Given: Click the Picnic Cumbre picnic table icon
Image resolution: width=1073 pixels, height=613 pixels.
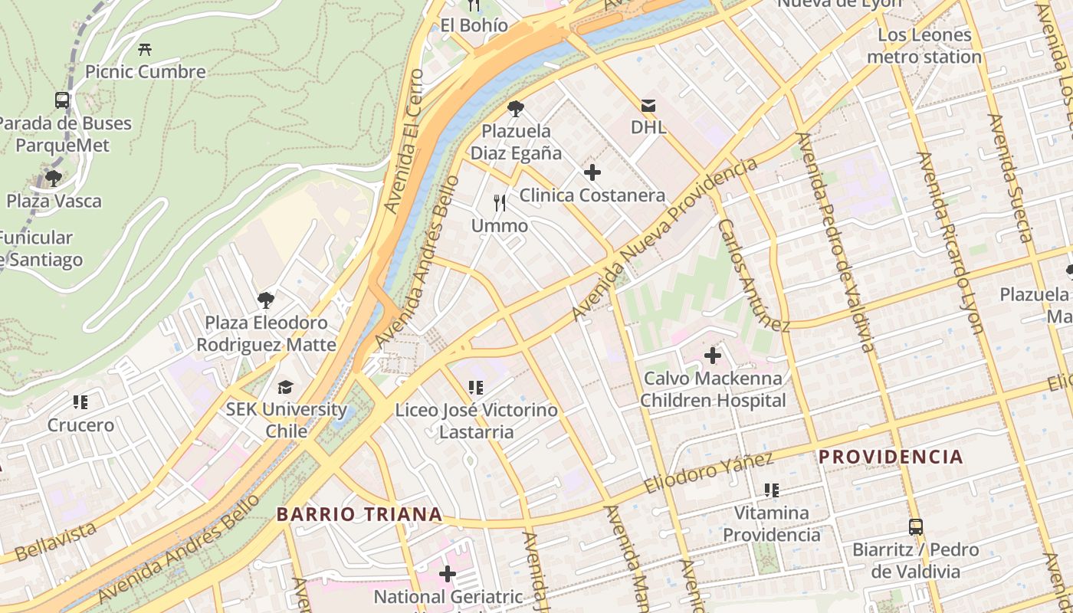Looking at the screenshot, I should click(145, 50).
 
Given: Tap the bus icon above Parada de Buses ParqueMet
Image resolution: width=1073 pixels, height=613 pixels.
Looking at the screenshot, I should click(62, 100).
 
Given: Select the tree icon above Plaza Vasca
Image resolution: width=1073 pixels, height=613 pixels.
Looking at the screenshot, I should click(54, 179).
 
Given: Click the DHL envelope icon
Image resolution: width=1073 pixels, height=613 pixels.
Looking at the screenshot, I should click(648, 105).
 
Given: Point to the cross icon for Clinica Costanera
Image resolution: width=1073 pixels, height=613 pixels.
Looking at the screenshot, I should click(592, 172).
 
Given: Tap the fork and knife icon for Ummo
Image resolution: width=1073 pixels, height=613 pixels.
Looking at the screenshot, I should click(500, 203).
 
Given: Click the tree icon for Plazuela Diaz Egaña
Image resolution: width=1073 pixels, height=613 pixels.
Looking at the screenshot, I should click(516, 109).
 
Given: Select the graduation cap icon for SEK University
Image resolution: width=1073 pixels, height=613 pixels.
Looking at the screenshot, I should click(286, 387).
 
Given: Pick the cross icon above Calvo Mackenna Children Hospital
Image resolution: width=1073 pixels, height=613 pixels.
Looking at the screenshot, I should click(713, 356).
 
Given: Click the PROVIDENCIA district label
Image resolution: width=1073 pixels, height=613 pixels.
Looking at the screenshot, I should click(891, 457).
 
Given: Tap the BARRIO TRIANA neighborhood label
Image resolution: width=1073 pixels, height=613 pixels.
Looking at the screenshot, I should click(359, 514).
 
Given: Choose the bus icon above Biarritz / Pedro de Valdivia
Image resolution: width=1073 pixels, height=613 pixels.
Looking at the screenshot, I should click(916, 527).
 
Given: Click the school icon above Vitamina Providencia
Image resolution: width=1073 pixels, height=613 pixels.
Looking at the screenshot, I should click(772, 490).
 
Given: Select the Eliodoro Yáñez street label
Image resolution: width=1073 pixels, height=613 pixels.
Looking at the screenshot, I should click(708, 473).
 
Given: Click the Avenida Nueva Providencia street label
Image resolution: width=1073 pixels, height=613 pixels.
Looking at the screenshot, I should click(664, 239).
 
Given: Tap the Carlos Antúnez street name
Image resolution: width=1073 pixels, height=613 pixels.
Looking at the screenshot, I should click(753, 276).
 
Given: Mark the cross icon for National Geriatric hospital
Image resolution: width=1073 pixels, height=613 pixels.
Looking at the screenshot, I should click(448, 573).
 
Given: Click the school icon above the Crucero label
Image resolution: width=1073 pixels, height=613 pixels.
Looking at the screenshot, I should click(80, 402).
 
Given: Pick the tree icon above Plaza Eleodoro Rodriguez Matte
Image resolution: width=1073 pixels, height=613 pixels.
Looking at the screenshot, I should click(266, 300).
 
